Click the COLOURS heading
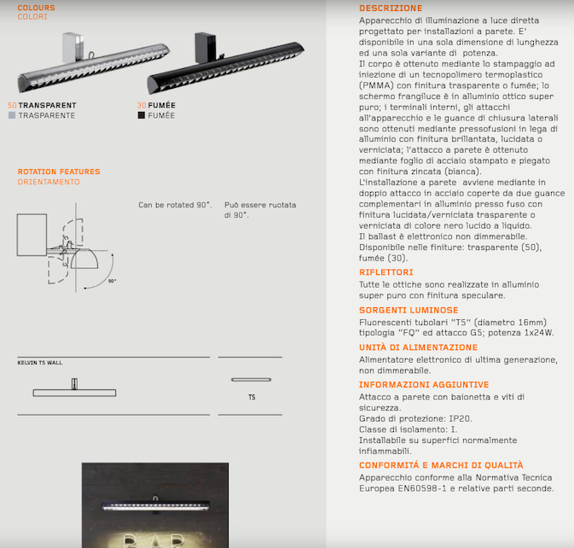point(36,8)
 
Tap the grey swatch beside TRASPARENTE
point(12,115)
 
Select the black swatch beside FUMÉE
point(141,115)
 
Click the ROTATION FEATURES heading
point(59,172)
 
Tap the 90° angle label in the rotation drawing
point(112,280)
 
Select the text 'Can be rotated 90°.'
point(175,205)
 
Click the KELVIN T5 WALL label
point(40,363)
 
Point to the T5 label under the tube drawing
point(251,398)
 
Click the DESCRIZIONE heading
point(391,9)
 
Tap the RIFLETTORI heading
point(386,272)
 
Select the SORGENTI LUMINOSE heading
point(409,310)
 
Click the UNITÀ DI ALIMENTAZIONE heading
point(418,347)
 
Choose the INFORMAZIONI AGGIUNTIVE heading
point(424,385)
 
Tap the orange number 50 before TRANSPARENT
point(12,106)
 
